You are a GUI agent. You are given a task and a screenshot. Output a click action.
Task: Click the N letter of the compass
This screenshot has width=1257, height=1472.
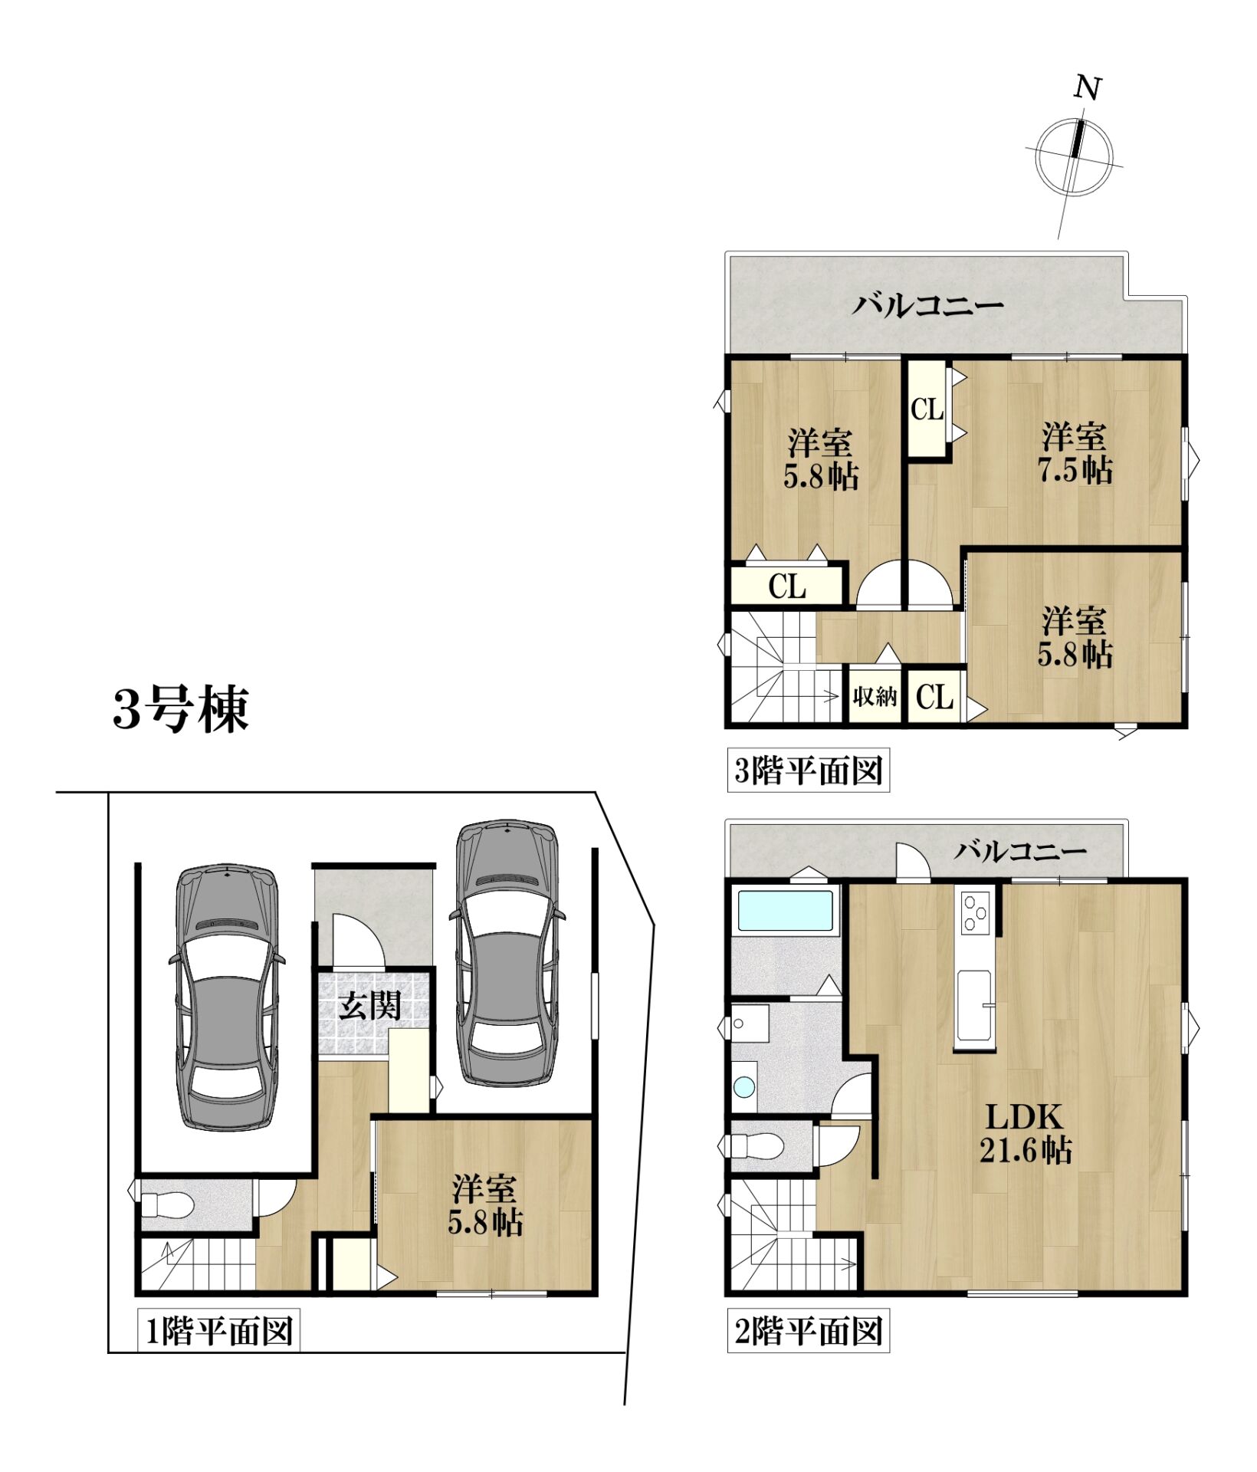coord(1087,89)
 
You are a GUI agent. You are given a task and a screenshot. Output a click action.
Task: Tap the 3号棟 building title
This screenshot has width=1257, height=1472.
coord(181,708)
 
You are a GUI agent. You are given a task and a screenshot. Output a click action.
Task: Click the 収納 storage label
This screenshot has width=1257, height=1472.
coord(875,697)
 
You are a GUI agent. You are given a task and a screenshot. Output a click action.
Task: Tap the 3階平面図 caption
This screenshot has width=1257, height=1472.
coord(808,770)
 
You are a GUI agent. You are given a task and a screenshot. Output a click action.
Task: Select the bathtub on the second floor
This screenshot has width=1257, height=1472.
coord(783,910)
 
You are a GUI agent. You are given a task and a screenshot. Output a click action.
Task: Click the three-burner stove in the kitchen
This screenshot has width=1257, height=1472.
coord(976,912)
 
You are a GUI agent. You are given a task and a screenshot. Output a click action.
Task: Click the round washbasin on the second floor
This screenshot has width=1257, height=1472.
coord(743,1086)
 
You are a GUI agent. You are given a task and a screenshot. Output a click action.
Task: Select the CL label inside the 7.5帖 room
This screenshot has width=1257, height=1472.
coord(927,410)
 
